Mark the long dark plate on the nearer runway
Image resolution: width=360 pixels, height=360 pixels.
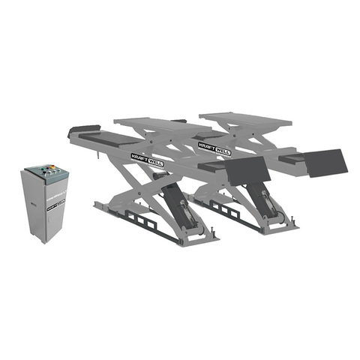tap(112, 138)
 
